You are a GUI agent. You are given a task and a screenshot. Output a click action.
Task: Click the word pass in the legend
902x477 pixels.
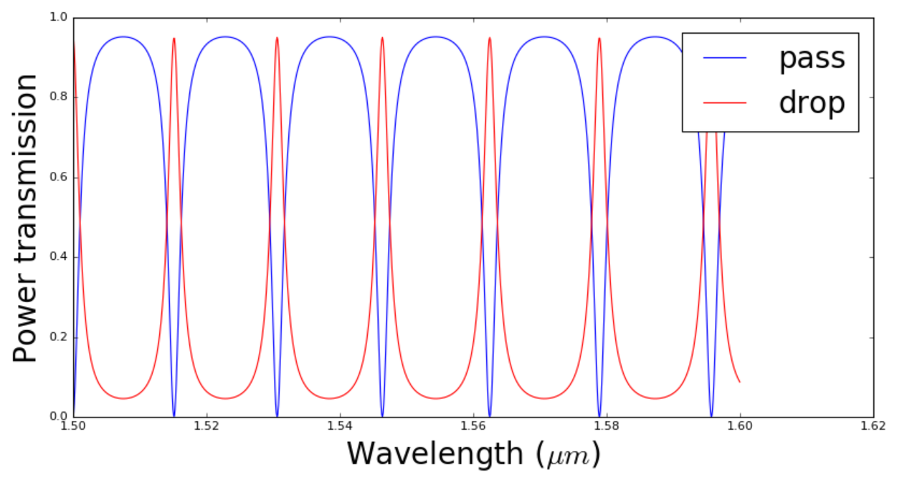[812, 59]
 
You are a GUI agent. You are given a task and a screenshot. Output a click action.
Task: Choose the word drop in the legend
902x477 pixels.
[812, 104]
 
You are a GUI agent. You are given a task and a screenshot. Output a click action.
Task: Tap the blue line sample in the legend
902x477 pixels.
[725, 58]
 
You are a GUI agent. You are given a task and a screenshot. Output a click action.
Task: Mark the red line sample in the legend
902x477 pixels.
[725, 104]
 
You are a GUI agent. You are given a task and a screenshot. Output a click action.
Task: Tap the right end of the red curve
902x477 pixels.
[739, 382]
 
